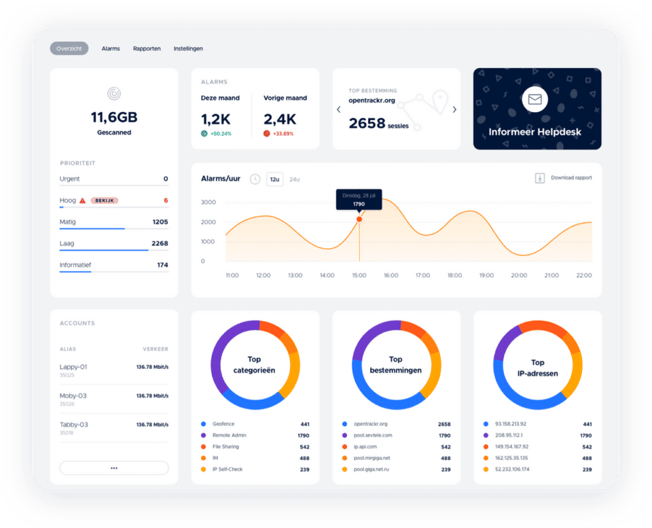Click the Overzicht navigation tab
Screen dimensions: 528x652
tap(69, 48)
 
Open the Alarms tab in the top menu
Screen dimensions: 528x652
tap(111, 48)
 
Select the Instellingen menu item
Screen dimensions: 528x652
tap(188, 48)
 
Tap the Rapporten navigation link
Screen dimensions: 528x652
tap(147, 48)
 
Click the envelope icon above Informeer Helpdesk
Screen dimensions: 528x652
tap(535, 100)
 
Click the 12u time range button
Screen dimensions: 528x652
tap(274, 179)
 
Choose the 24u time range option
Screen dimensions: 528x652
tap(295, 179)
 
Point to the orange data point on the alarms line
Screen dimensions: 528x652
tap(359, 219)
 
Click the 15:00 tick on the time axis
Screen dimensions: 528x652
tap(359, 275)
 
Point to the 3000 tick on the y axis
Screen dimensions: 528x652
tap(209, 203)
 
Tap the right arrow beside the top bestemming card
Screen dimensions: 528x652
tap(454, 109)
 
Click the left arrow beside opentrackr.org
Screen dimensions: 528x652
tap(339, 109)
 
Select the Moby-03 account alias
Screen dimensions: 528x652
tap(73, 395)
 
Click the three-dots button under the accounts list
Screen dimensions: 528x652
tap(114, 468)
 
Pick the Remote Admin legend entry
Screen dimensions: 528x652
tap(230, 435)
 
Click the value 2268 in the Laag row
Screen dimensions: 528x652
tap(160, 243)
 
